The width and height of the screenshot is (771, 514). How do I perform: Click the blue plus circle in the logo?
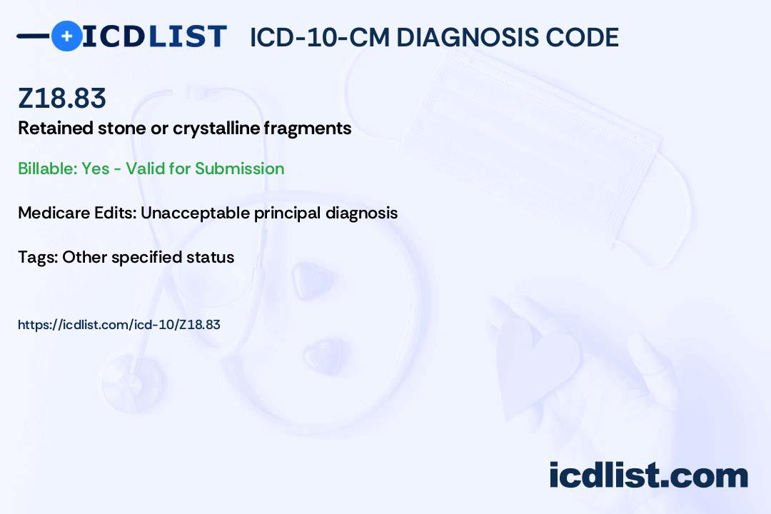tap(66, 36)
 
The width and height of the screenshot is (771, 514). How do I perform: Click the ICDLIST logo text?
tap(154, 36)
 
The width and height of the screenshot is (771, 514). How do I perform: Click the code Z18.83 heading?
tap(62, 98)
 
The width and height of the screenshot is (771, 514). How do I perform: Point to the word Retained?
tap(56, 128)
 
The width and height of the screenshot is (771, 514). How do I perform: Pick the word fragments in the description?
tap(307, 128)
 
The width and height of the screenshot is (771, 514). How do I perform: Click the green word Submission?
tap(239, 168)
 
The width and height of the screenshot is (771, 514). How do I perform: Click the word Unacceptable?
tap(195, 213)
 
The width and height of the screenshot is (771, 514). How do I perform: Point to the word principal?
tap(288, 213)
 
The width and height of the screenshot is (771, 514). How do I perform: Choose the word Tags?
tap(37, 257)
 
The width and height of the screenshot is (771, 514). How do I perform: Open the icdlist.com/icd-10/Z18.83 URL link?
tap(119, 325)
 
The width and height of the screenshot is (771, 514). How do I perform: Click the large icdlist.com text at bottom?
tap(648, 475)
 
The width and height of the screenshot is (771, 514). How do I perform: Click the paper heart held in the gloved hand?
tap(538, 366)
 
